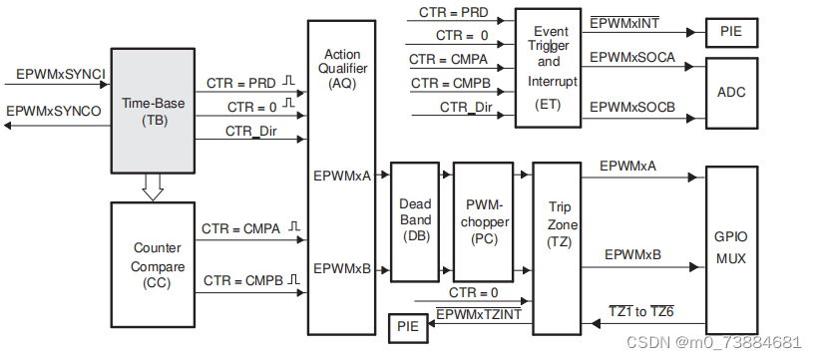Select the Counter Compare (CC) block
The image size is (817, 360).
152,263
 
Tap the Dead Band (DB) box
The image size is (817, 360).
415,219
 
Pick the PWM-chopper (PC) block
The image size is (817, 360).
482,219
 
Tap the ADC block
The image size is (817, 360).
730,93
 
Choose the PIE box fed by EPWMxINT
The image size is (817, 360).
730,31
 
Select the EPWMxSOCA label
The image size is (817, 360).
632,58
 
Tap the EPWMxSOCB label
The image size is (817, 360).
632,107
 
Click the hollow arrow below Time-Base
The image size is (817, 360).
152,187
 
